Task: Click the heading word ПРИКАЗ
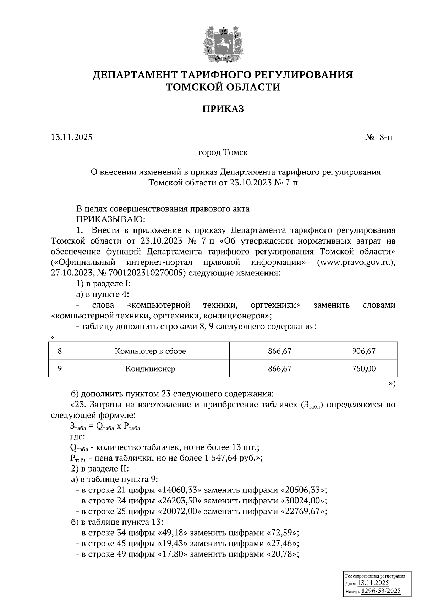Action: tap(223, 109)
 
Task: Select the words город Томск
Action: tap(223, 153)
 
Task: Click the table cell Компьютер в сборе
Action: tap(150, 351)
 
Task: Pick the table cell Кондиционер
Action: tap(150, 369)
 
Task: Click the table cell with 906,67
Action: tap(364, 351)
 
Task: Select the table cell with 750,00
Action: tap(364, 369)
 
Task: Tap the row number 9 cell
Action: tap(60, 369)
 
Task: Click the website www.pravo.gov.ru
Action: tap(356, 263)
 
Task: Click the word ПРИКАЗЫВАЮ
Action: tap(109, 219)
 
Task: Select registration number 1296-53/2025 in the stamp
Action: tap(381, 591)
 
